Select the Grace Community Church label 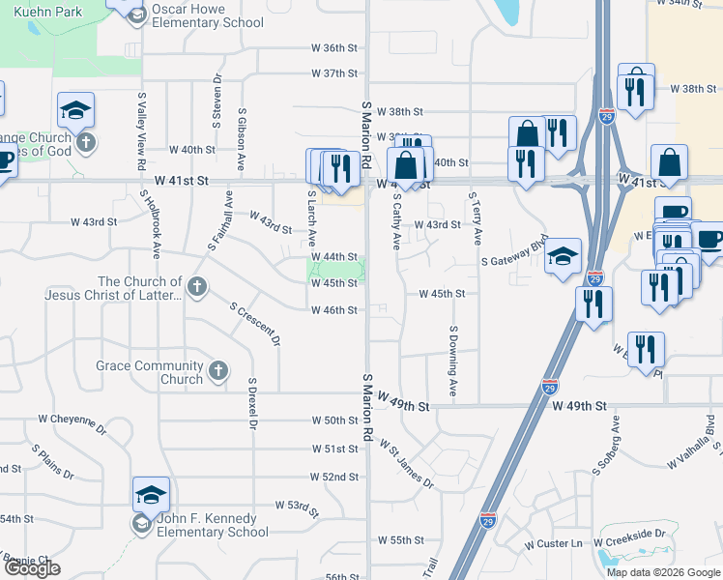tap(150, 372)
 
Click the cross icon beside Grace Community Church tap(219, 370)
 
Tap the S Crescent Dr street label tap(255, 324)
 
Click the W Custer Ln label tap(554, 544)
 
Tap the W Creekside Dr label tap(630, 534)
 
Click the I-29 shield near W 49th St tap(550, 387)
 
